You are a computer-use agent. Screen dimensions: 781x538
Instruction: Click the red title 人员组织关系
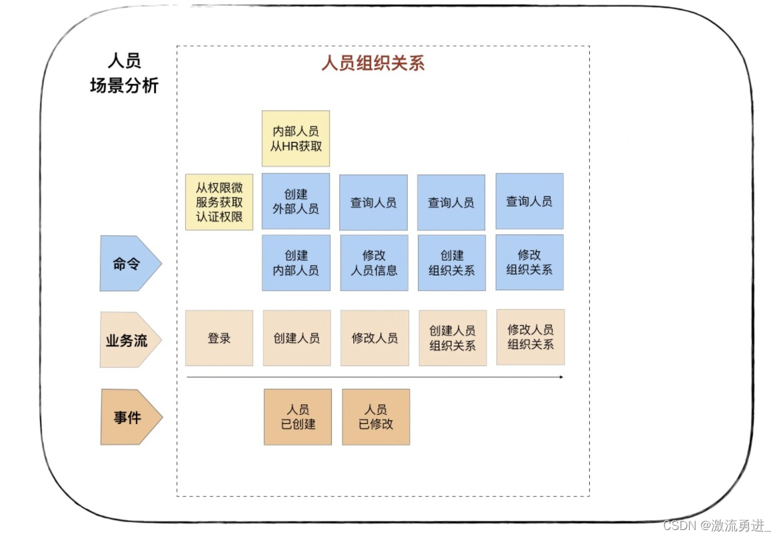point(373,63)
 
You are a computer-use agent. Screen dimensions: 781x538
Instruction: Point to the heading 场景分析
point(124,86)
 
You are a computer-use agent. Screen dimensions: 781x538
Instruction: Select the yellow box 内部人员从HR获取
point(296,138)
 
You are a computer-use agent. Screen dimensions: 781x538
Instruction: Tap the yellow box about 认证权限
point(219,202)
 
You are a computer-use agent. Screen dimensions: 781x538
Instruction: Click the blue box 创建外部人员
point(296,201)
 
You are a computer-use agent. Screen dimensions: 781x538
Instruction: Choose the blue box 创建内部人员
point(296,262)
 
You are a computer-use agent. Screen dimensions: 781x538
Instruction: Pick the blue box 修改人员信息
point(374,262)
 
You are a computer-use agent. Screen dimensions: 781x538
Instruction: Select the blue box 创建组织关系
point(452,262)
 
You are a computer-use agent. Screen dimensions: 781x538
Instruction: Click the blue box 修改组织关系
point(529,262)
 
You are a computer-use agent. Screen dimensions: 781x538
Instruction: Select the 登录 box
point(219,338)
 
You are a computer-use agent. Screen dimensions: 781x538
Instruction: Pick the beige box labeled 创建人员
point(297,338)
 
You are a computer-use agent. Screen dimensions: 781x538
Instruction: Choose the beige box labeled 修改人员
point(374,338)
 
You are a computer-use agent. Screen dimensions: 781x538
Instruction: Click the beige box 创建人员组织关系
point(452,338)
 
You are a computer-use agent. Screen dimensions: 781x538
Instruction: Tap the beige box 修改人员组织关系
point(530,337)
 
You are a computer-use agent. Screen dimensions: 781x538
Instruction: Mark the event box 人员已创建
point(298,417)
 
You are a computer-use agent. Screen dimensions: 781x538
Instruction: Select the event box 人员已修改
point(376,417)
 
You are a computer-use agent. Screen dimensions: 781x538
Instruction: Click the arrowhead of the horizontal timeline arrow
point(561,377)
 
